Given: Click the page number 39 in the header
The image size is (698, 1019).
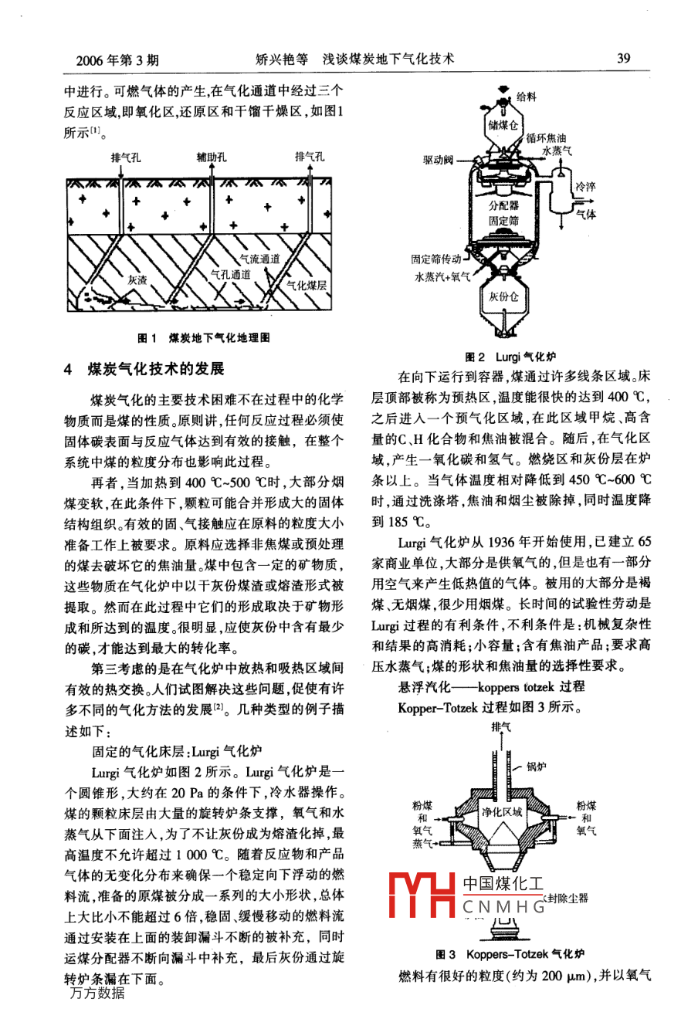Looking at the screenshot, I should point(624,59).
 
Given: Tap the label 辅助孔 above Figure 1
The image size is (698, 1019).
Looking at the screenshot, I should point(211,157).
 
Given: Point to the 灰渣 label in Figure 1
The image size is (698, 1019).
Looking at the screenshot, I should point(137,280).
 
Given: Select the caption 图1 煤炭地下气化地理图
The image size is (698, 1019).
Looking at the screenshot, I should point(203,337).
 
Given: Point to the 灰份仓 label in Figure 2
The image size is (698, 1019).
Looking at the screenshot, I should point(503,296).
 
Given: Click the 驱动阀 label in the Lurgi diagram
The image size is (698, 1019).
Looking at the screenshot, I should point(438,161).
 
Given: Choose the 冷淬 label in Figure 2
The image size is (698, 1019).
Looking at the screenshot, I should point(584,187).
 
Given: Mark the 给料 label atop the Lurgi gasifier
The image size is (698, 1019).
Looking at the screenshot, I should point(526,97).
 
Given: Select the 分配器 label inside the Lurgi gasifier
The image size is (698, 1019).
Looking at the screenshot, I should point(503,205).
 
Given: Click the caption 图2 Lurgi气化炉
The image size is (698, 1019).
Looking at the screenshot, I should point(510,357).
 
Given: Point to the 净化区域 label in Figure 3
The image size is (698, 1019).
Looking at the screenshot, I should point(502,811).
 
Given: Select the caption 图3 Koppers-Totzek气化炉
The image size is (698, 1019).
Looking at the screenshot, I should point(510,954).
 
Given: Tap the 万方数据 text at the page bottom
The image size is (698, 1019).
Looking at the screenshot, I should point(97,993).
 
